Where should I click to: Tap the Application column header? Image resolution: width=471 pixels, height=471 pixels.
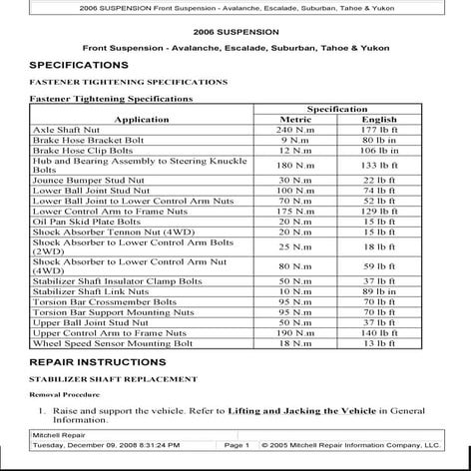coord(142,120)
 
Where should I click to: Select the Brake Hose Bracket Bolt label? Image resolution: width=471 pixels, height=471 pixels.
coord(89,141)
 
